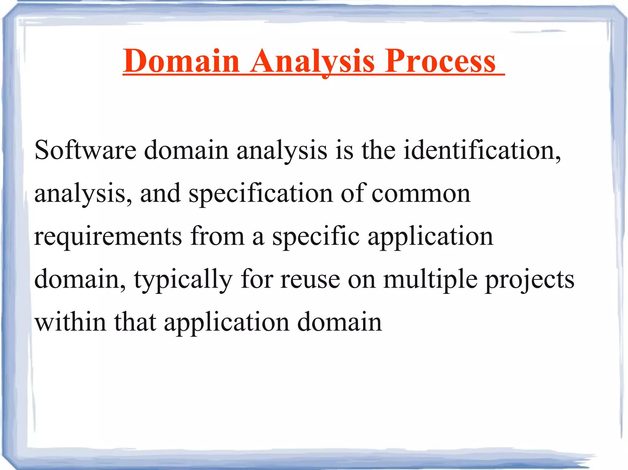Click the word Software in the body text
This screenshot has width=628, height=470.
point(85,150)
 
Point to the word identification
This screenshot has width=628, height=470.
point(482,150)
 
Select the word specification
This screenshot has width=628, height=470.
point(260,193)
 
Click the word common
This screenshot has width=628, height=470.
point(421,193)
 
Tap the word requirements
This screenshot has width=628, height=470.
point(108,236)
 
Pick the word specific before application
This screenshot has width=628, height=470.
point(316,236)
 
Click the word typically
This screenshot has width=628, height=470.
point(183,279)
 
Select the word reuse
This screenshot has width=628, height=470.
point(310,279)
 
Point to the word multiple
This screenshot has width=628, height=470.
point(430,279)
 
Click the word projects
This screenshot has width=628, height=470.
point(530,279)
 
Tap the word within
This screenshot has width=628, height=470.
point(70,322)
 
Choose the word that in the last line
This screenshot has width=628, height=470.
point(135,322)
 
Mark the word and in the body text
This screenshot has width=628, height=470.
point(160,193)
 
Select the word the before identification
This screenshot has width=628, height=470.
point(378,150)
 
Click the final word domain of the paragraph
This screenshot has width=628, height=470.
point(339,322)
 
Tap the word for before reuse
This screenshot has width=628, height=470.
point(257,279)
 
